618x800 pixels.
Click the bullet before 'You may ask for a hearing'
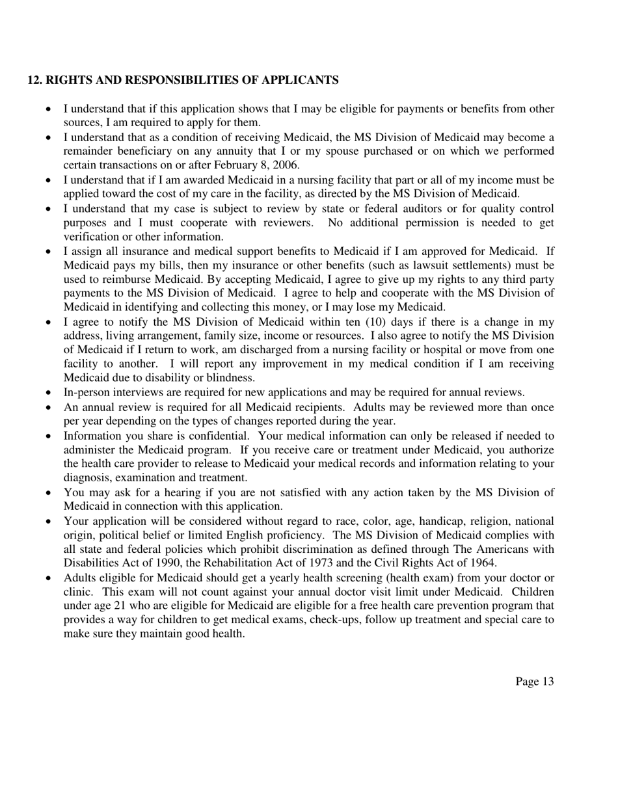click(x=49, y=492)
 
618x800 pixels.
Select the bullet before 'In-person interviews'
click(x=49, y=393)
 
